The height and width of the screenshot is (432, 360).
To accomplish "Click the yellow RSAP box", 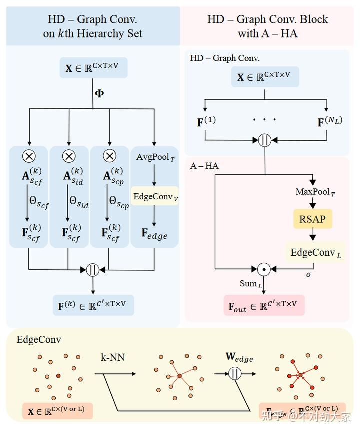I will pyautogui.click(x=313, y=219).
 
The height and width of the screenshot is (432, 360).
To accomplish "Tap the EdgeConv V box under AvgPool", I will pyautogui.click(x=155, y=196).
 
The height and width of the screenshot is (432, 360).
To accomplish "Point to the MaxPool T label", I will pyautogui.click(x=313, y=192).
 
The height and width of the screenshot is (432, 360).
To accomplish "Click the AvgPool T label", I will pyautogui.click(x=155, y=157).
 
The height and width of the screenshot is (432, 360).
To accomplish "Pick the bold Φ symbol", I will pyautogui.click(x=99, y=93).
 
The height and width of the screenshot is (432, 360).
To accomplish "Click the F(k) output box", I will pyautogui.click(x=93, y=305).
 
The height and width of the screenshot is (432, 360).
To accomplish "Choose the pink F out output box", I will pyautogui.click(x=263, y=305).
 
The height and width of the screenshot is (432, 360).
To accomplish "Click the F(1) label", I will pyautogui.click(x=206, y=121).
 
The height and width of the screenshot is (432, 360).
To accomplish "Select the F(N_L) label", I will pyautogui.click(x=330, y=121).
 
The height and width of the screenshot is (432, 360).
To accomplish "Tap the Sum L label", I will pyautogui.click(x=250, y=284).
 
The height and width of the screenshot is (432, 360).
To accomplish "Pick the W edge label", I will pyautogui.click(x=239, y=358).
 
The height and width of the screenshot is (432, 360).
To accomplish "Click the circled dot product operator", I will pyautogui.click(x=264, y=269).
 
